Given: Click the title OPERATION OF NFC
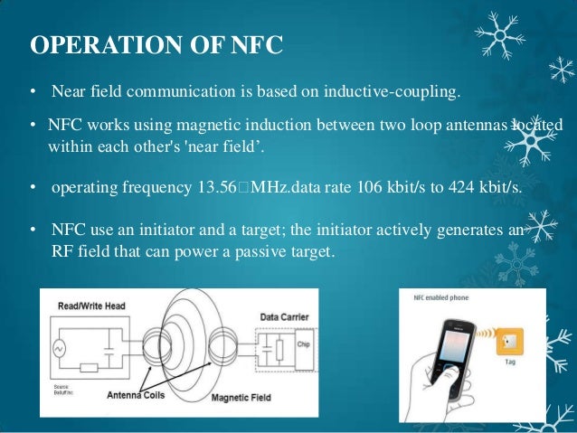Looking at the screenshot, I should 156,44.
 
